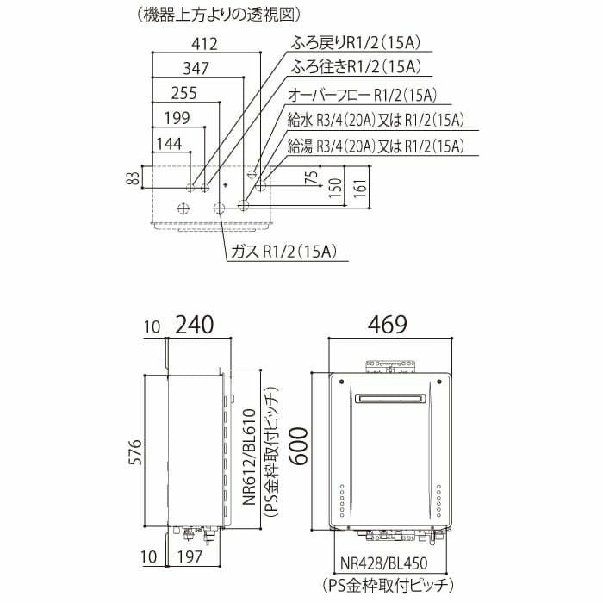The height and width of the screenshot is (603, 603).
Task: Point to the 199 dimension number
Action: click(176, 118)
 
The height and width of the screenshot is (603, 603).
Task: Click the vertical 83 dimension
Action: click(132, 178)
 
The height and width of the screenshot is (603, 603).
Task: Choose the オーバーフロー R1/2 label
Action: click(361, 96)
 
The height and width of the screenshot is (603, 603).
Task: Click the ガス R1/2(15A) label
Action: click(283, 251)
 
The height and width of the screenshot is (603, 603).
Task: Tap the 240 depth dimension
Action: click(195, 325)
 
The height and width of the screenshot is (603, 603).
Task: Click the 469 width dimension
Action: click(389, 325)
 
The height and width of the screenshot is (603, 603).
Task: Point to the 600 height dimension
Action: click(297, 446)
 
